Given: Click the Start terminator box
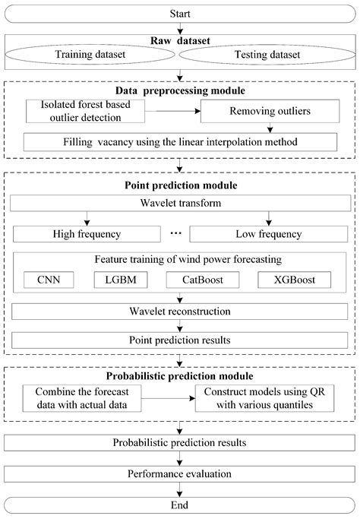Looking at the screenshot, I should point(180,12).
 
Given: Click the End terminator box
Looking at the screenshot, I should point(180,505).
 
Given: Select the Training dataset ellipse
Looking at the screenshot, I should point(95,55).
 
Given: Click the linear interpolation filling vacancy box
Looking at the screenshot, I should point(180,141).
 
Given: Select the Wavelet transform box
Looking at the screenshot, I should point(180,204).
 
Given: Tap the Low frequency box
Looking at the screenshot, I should point(267,233).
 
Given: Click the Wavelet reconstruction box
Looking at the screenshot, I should point(180,312).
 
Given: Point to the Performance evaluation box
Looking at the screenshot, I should point(180,475).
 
